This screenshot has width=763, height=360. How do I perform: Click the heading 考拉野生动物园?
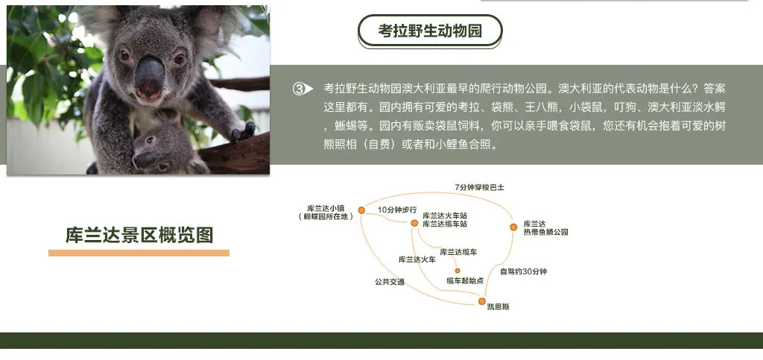[430, 31]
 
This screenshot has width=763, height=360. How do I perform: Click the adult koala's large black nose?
[149, 77]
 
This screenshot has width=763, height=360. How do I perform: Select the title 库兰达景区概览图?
[139, 235]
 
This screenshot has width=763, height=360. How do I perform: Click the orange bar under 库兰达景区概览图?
[139, 253]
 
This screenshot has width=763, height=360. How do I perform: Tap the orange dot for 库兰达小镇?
[361, 210]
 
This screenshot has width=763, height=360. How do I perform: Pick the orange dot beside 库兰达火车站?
[414, 223]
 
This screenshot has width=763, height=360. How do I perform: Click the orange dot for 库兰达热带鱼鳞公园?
[513, 227]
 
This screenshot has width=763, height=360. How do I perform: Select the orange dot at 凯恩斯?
[482, 301]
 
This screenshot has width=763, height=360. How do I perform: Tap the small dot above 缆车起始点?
[458, 271]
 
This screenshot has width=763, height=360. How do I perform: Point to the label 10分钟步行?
[397, 209]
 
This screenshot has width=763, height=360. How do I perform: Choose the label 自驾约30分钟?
[524, 271]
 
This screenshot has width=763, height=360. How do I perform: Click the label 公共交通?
[389, 282]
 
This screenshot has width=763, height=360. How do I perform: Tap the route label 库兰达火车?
[417, 260]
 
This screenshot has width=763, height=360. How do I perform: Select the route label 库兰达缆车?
[458, 252]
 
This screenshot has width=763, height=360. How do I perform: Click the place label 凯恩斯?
[498, 307]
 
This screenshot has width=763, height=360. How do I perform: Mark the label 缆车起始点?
[465, 281]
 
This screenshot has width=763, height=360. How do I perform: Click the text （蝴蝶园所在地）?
[326, 217]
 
